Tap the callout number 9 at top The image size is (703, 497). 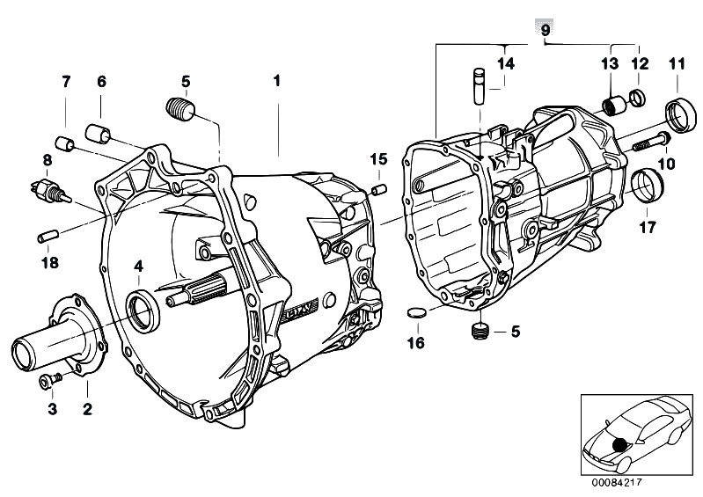coord(545,30)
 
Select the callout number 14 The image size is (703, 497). coord(504,62)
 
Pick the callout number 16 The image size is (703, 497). coord(415,341)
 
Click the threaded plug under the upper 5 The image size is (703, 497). coord(180,113)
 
